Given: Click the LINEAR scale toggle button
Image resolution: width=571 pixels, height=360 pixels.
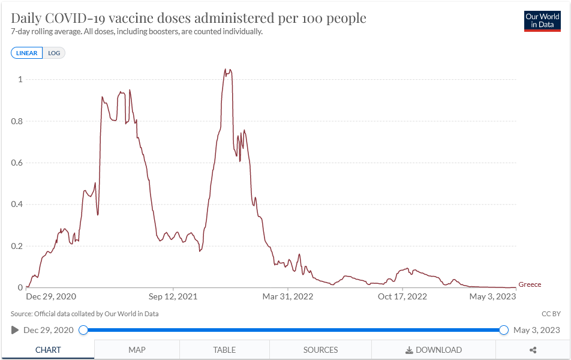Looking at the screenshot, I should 26,53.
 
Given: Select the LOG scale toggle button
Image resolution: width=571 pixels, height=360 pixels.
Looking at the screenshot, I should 54,53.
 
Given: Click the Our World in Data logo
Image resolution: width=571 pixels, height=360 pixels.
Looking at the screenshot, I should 542,20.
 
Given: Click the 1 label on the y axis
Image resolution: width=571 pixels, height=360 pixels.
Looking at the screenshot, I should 20,79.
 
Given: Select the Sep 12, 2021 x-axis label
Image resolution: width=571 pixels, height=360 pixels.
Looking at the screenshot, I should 173,296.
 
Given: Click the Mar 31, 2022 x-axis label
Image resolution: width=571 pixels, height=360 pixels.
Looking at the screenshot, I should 288,296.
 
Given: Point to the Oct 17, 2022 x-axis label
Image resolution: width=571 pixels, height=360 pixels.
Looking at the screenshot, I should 402,296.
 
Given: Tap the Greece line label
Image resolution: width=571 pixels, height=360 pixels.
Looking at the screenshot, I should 530,284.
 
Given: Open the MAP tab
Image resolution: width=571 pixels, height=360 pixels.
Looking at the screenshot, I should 137,350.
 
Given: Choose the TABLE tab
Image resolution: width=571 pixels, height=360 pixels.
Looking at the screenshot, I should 224,350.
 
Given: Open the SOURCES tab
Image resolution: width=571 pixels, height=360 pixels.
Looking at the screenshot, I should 320,350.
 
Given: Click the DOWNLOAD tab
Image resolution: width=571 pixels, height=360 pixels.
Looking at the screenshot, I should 434,350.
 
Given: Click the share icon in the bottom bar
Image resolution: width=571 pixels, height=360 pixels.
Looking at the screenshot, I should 533,350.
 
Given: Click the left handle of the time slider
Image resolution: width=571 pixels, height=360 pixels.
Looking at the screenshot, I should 83,330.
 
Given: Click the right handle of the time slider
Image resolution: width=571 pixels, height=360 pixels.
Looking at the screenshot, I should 504,330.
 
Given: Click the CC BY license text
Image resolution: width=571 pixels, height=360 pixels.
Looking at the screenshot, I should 551,314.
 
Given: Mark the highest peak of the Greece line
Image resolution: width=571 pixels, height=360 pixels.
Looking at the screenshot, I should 226,69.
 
